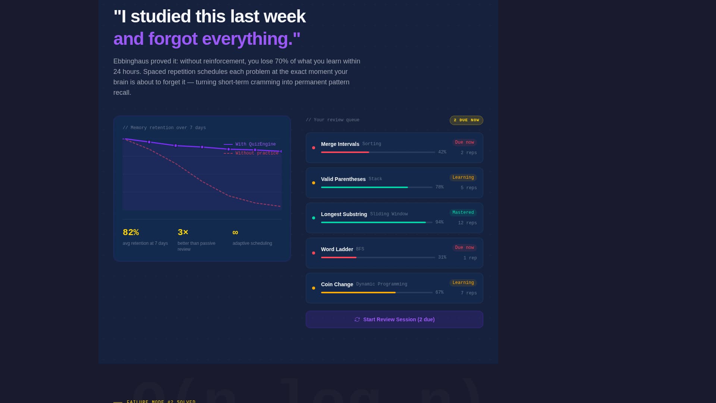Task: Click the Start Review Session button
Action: pyautogui.click(x=394, y=319)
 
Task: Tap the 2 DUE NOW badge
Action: pyautogui.click(x=466, y=120)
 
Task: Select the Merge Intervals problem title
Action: pyautogui.click(x=340, y=144)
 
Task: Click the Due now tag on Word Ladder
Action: pyautogui.click(x=464, y=248)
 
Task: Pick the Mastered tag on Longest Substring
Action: pyautogui.click(x=463, y=213)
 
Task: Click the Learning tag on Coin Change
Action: pyautogui.click(x=463, y=283)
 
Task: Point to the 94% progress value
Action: pyautogui.click(x=439, y=222)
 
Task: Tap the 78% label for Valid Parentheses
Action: pyautogui.click(x=439, y=187)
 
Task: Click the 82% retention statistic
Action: pyautogui.click(x=131, y=232)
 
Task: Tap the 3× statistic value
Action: pyautogui.click(x=183, y=232)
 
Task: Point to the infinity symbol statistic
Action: pyautogui.click(x=235, y=232)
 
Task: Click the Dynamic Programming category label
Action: pyautogui.click(x=381, y=284)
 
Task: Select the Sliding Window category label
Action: pyautogui.click(x=389, y=214)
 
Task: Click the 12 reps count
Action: pyautogui.click(x=467, y=223)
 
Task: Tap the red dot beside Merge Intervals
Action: pyautogui.click(x=314, y=148)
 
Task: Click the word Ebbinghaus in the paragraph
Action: pyautogui.click(x=131, y=61)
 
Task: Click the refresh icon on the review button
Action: pyautogui.click(x=357, y=319)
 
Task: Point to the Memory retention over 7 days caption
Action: pyautogui.click(x=164, y=128)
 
